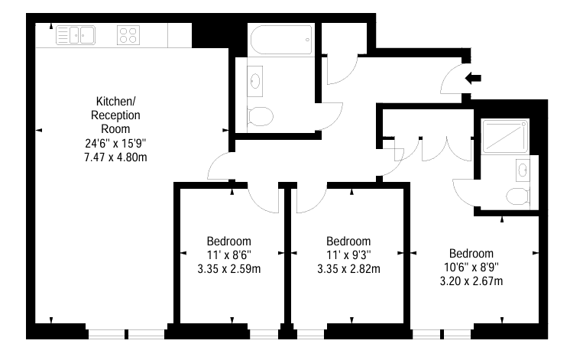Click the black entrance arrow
coord(473,78)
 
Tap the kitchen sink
coord(76,35)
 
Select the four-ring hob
coord(128,35)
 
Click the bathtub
coord(281,40)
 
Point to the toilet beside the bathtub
coord(260,116)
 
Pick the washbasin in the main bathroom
coord(255,81)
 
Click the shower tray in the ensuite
coord(504,136)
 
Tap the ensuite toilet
coord(518,196)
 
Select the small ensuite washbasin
coord(523,170)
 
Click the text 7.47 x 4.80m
coord(115,157)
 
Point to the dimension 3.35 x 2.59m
coord(229,269)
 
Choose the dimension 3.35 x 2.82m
coord(348,269)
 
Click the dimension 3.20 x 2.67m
coord(471,281)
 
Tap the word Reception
coord(115,115)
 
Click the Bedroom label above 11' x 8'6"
coord(229,242)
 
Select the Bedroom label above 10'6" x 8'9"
coord(471,254)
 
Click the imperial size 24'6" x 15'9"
coord(115,143)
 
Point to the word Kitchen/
coord(116,101)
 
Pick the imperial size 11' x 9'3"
coord(348,255)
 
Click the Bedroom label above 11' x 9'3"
coord(348,242)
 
